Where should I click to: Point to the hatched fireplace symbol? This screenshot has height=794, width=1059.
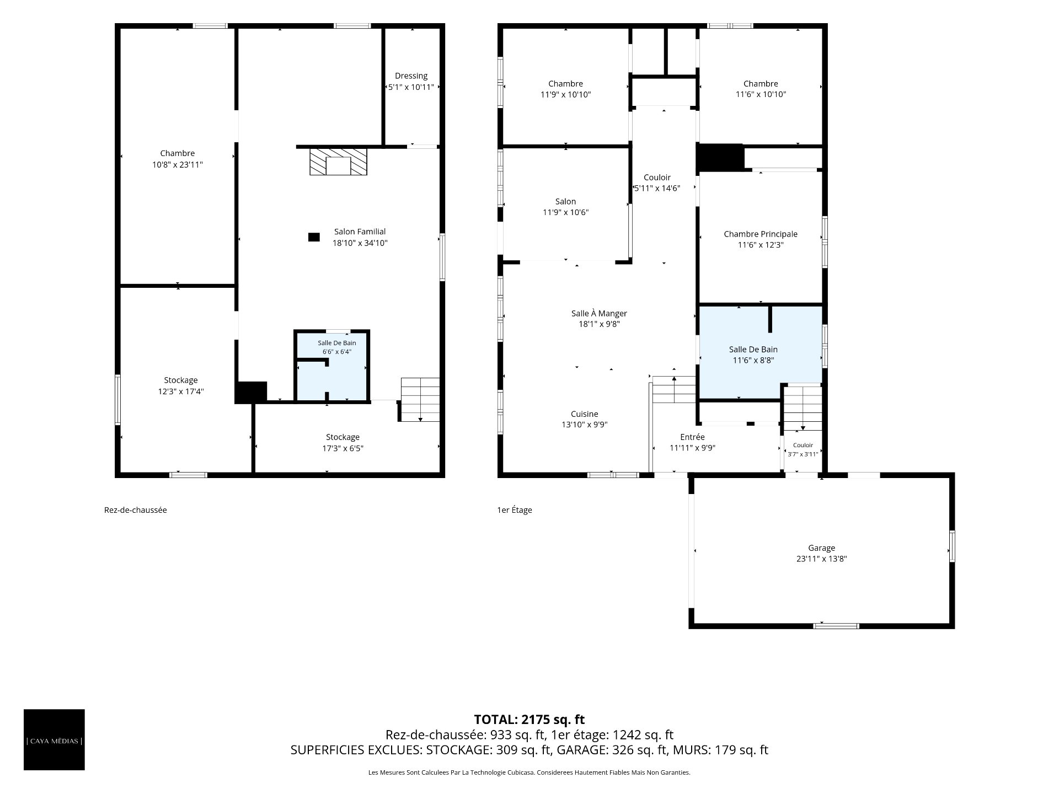point(338,162)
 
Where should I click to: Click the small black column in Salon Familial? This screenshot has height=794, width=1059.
point(314,237)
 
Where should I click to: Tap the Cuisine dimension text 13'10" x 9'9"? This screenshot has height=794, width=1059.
point(585,425)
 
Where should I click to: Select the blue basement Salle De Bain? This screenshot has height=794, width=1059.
point(332,366)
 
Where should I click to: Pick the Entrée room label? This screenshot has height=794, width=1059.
point(692,437)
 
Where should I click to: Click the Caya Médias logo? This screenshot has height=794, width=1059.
point(54,739)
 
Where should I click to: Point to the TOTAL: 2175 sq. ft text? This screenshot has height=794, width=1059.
point(529,720)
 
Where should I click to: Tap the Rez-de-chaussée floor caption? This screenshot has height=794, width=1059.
point(135,510)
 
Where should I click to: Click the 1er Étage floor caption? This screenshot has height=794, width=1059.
point(515,510)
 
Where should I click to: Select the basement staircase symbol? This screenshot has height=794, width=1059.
point(420,400)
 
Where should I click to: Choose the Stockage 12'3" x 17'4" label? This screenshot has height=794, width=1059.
point(180,386)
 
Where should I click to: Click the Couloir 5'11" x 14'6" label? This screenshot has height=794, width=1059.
point(657,183)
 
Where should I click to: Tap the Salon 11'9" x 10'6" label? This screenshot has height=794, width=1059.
point(566,207)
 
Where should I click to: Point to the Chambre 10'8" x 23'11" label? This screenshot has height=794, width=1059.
point(178,159)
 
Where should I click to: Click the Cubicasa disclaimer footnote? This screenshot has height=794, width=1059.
point(529,773)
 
